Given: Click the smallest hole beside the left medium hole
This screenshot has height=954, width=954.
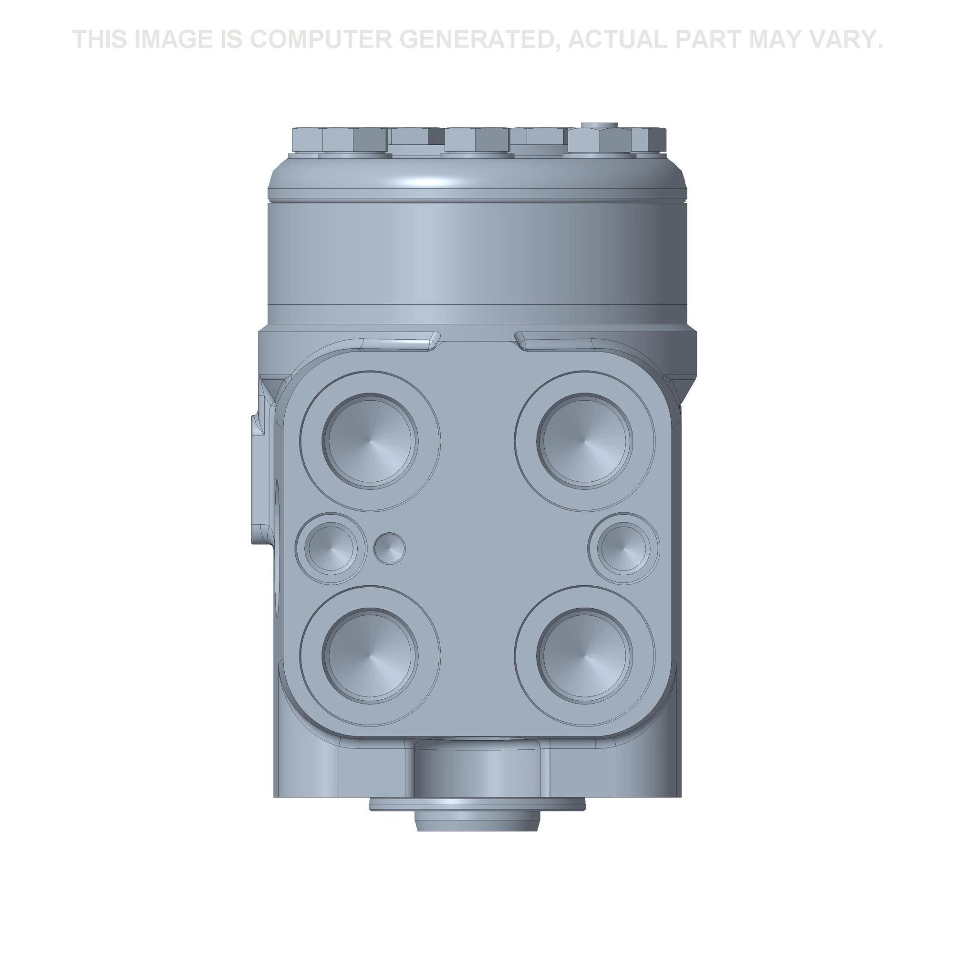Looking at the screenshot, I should point(390,548).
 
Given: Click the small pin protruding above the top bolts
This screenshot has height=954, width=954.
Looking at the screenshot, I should point(599,125).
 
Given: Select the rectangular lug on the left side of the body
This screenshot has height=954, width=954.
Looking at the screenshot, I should point(261,479).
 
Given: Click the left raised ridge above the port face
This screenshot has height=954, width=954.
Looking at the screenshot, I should point(400,341).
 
